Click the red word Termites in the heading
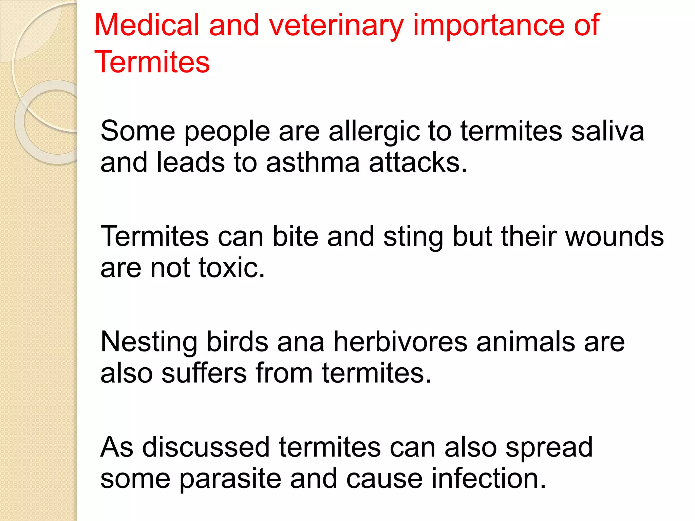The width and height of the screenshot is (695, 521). pos(152,62)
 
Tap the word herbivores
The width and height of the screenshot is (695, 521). pos(400,342)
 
